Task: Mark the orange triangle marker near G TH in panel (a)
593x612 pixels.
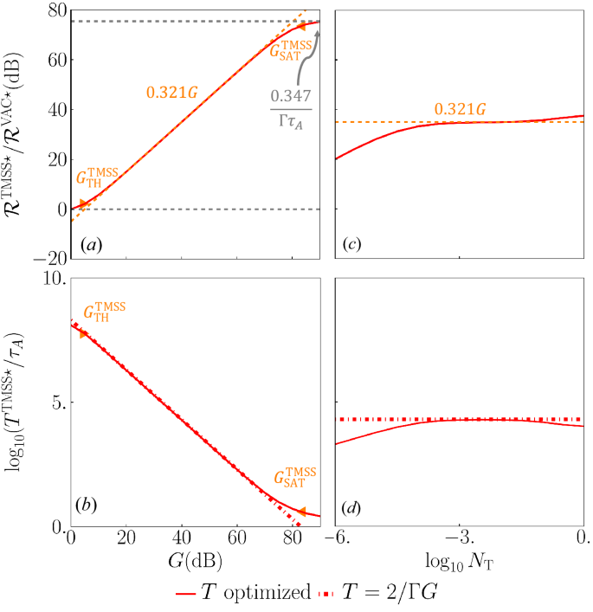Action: [x=84, y=205]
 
